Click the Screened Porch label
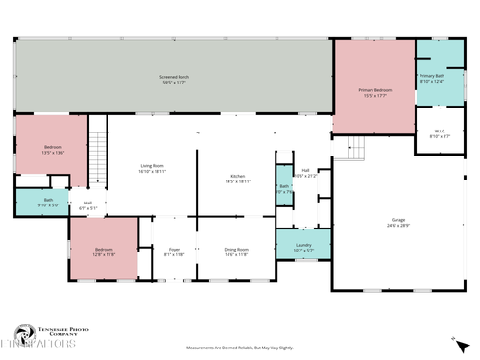(173, 79)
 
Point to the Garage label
(398, 222)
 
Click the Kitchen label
(237, 179)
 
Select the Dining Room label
(236, 252)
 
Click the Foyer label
(174, 252)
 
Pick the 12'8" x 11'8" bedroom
(104, 251)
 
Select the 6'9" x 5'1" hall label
(87, 204)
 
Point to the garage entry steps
(355, 149)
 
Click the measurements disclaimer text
(239, 348)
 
